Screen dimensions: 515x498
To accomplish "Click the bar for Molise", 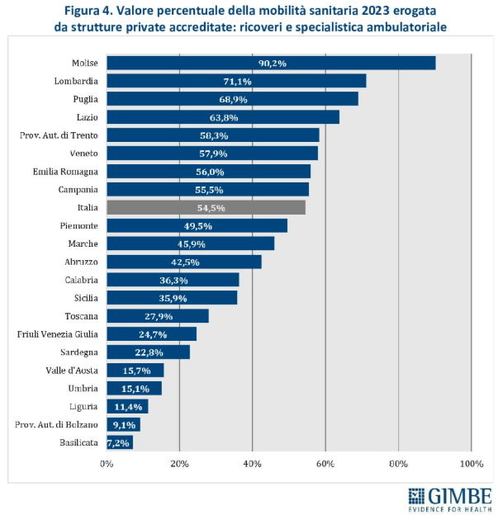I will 271,63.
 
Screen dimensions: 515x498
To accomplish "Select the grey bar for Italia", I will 206,207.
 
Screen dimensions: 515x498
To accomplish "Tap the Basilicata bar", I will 120,442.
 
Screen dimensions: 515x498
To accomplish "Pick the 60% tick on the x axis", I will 325,464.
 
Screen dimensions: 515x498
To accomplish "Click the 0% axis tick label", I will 107,464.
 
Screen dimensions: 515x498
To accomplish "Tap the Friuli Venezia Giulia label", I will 58,333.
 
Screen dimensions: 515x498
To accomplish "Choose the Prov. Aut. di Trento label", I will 59,135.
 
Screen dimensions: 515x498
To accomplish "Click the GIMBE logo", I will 449,498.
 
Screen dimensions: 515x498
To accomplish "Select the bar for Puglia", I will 232,99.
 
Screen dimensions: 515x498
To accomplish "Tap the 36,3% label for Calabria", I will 173,280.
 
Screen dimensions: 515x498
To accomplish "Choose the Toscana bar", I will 158,316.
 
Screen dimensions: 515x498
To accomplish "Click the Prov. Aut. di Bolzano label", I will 57,424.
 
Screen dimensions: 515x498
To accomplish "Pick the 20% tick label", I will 179,464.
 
